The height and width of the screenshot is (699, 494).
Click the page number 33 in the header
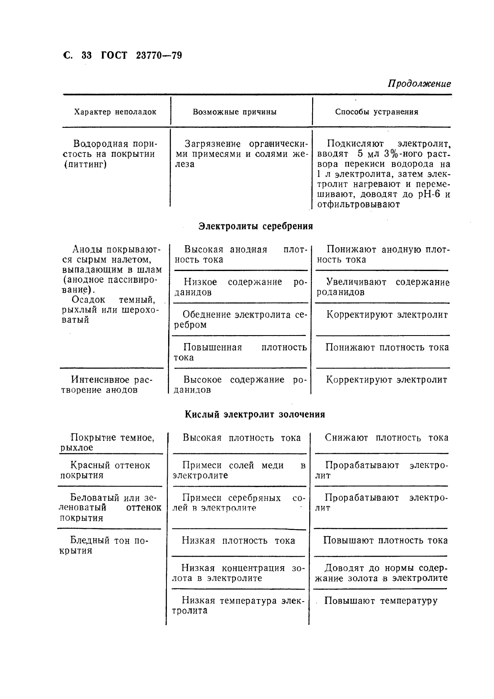pyautogui.click(x=87, y=55)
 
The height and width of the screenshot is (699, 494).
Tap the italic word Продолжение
pyautogui.click(x=420, y=83)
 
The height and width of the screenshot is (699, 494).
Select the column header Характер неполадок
pyautogui.click(x=115, y=112)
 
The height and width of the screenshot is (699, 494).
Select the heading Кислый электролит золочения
pyautogui.click(x=255, y=415)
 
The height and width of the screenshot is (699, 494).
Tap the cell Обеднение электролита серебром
pyautogui.click(x=240, y=320)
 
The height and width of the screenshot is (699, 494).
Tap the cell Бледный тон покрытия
pyautogui.click(x=104, y=545)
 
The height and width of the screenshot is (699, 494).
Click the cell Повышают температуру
pyautogui.click(x=381, y=601)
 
